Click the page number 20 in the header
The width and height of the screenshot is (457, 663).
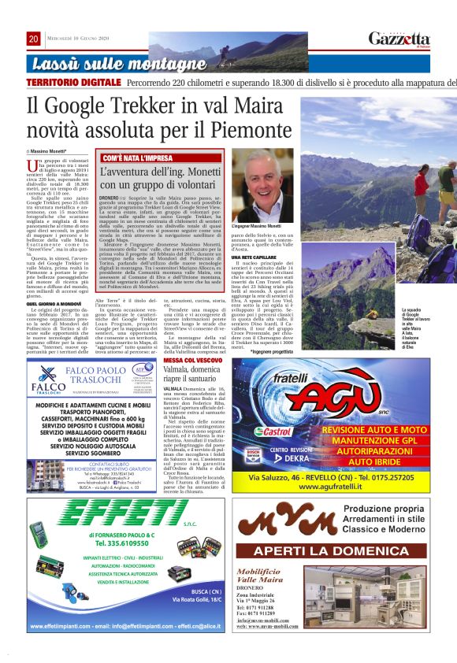pos(33,39)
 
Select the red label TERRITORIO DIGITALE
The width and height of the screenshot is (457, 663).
pos(73,83)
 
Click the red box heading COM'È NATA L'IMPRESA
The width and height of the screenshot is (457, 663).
pos(133,158)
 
